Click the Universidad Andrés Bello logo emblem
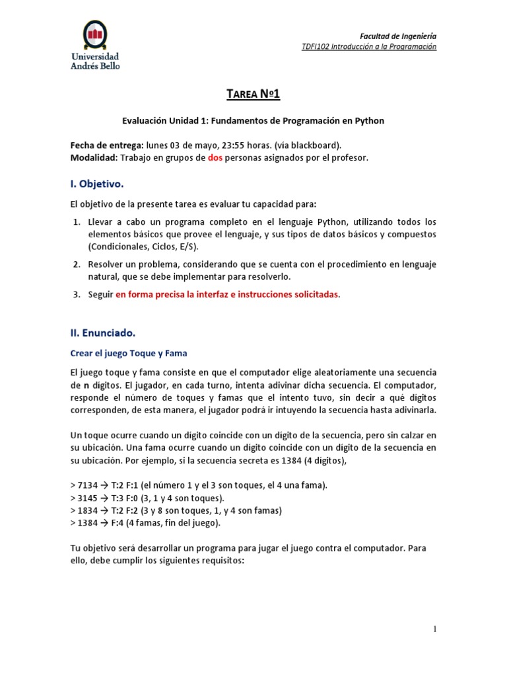(x=95, y=36)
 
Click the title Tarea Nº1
(x=253, y=95)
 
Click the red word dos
(x=215, y=158)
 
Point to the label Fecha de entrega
(x=106, y=145)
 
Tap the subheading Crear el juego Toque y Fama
(x=129, y=353)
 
